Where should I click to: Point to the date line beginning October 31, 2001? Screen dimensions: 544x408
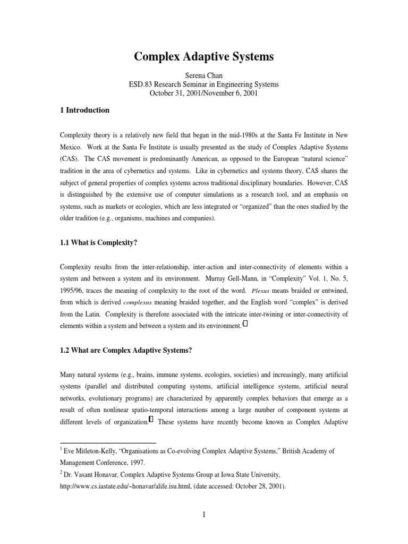click(203, 93)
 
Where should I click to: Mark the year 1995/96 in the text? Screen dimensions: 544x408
click(74, 291)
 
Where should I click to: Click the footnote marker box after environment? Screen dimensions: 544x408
click(245, 325)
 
